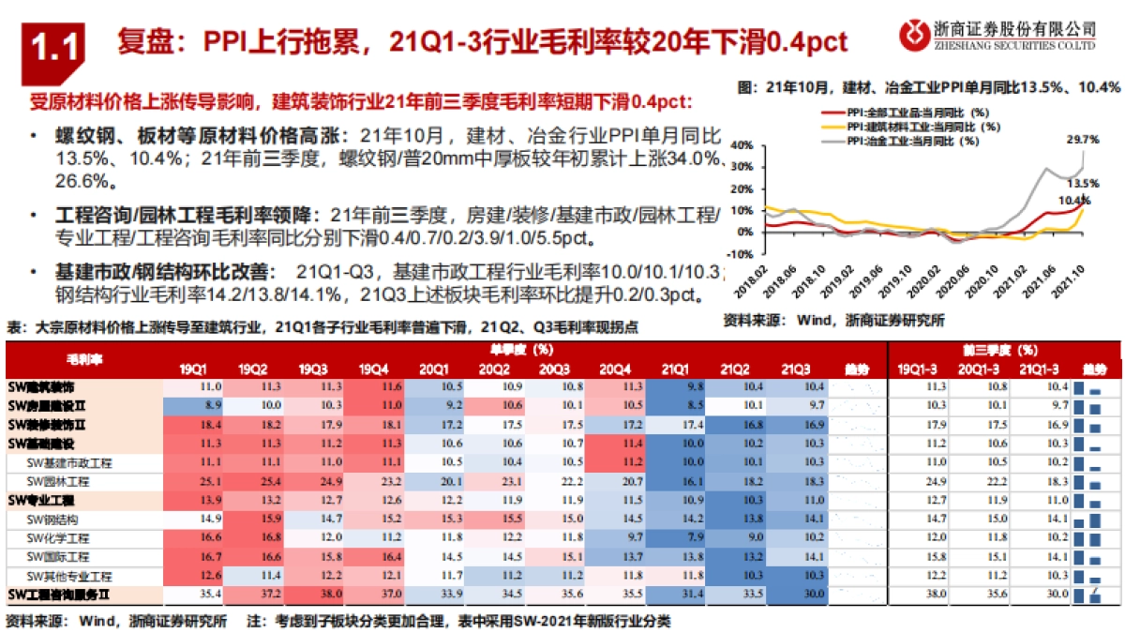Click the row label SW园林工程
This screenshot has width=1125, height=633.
pyautogui.click(x=58, y=481)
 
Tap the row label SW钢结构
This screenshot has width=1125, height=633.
pyautogui.click(x=52, y=519)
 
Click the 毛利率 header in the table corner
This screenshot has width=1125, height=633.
pyautogui.click(x=84, y=359)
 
